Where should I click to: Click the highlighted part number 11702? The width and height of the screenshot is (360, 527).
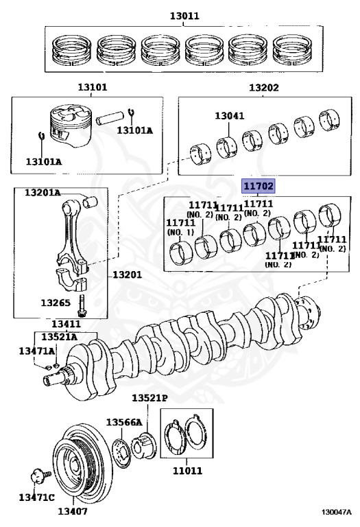[257, 186]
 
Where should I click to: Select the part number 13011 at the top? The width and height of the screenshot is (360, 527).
[183, 14]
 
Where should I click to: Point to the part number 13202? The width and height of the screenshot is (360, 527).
[263, 88]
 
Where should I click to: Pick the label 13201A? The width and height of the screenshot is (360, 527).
[43, 193]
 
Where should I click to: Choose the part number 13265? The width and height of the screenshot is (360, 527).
[54, 301]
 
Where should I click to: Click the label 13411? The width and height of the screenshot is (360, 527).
[67, 324]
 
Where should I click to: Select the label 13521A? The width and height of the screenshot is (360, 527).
[58, 337]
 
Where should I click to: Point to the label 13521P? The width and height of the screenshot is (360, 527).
[149, 398]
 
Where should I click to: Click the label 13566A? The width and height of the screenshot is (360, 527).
[123, 422]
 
